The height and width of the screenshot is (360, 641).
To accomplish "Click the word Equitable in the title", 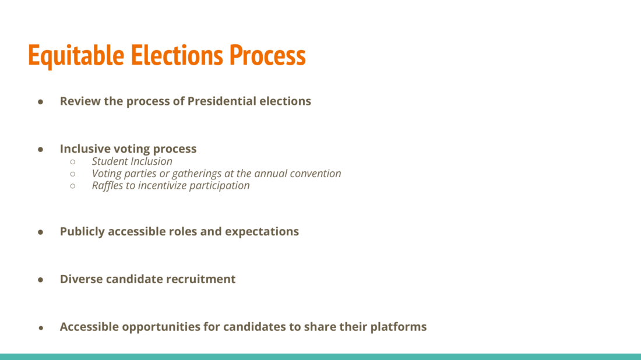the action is pyautogui.click(x=76, y=55).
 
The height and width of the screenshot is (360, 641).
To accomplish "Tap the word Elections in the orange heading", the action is pyautogui.click(x=177, y=55).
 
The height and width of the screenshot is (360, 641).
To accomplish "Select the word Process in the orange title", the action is pyautogui.click(x=267, y=55).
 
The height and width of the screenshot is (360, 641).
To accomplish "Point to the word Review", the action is pyautogui.click(x=80, y=101).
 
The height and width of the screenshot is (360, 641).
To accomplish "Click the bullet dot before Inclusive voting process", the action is pyautogui.click(x=40, y=150).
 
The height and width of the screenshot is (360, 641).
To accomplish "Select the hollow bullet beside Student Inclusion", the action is pyautogui.click(x=73, y=162).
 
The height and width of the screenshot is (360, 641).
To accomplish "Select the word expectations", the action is pyautogui.click(x=262, y=232).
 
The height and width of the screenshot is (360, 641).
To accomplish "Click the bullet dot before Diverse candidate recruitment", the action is pyautogui.click(x=40, y=280).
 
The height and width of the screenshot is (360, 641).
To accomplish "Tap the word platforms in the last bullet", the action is pyautogui.click(x=399, y=327).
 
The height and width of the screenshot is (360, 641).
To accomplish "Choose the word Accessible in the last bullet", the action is pyautogui.click(x=90, y=326).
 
